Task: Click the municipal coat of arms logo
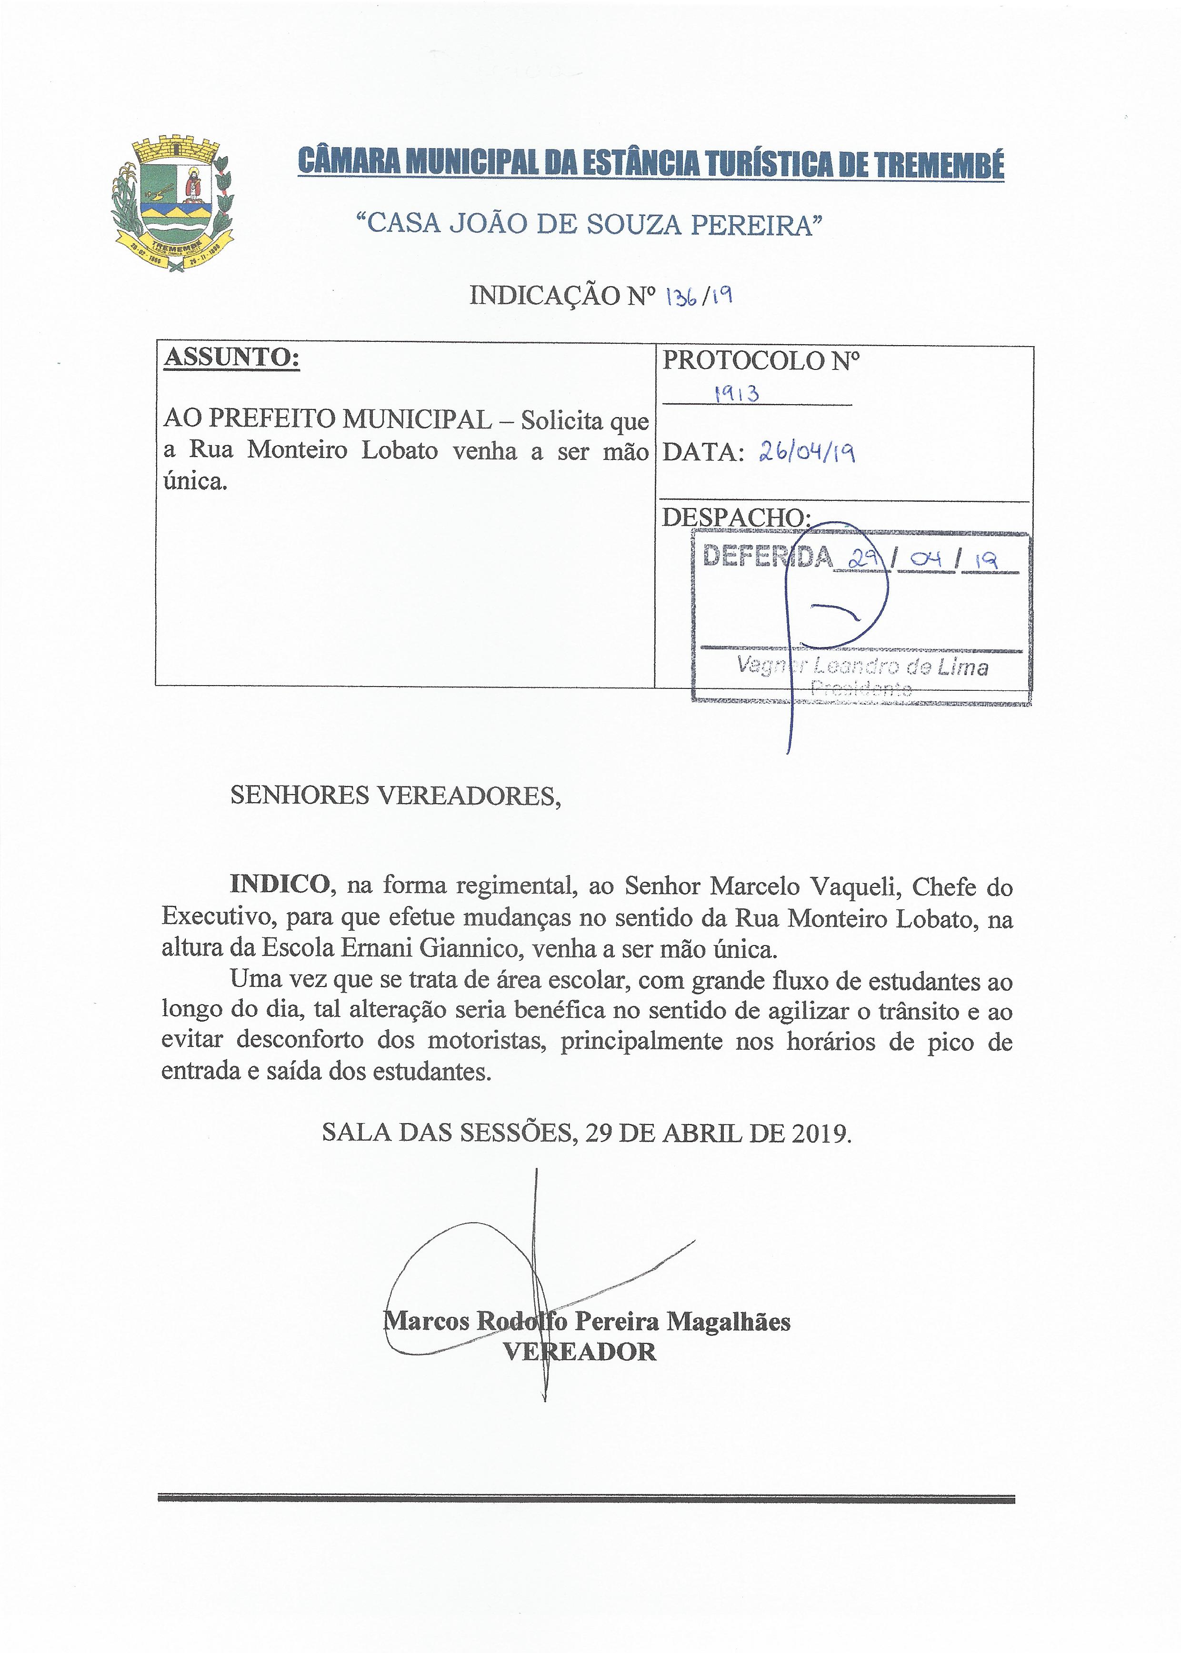coord(173,204)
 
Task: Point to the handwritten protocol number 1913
coord(737,393)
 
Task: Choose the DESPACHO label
coord(736,517)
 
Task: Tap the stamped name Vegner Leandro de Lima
coord(862,665)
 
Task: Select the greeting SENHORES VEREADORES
coord(396,796)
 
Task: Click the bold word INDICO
coord(279,886)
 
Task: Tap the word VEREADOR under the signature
coord(580,1351)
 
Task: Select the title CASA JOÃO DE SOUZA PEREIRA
coord(588,225)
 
